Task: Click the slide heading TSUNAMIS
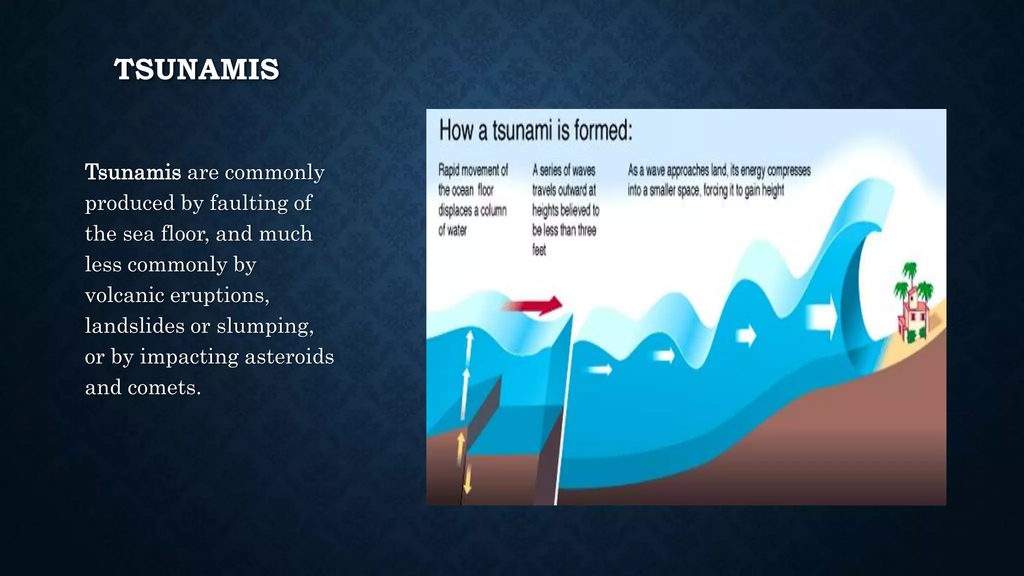pos(196,69)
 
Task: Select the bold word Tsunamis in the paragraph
pos(133,172)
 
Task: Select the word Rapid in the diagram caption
pos(448,170)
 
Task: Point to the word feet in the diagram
pos(539,250)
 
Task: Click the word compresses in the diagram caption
pos(789,170)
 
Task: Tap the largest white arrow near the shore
pos(821,316)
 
